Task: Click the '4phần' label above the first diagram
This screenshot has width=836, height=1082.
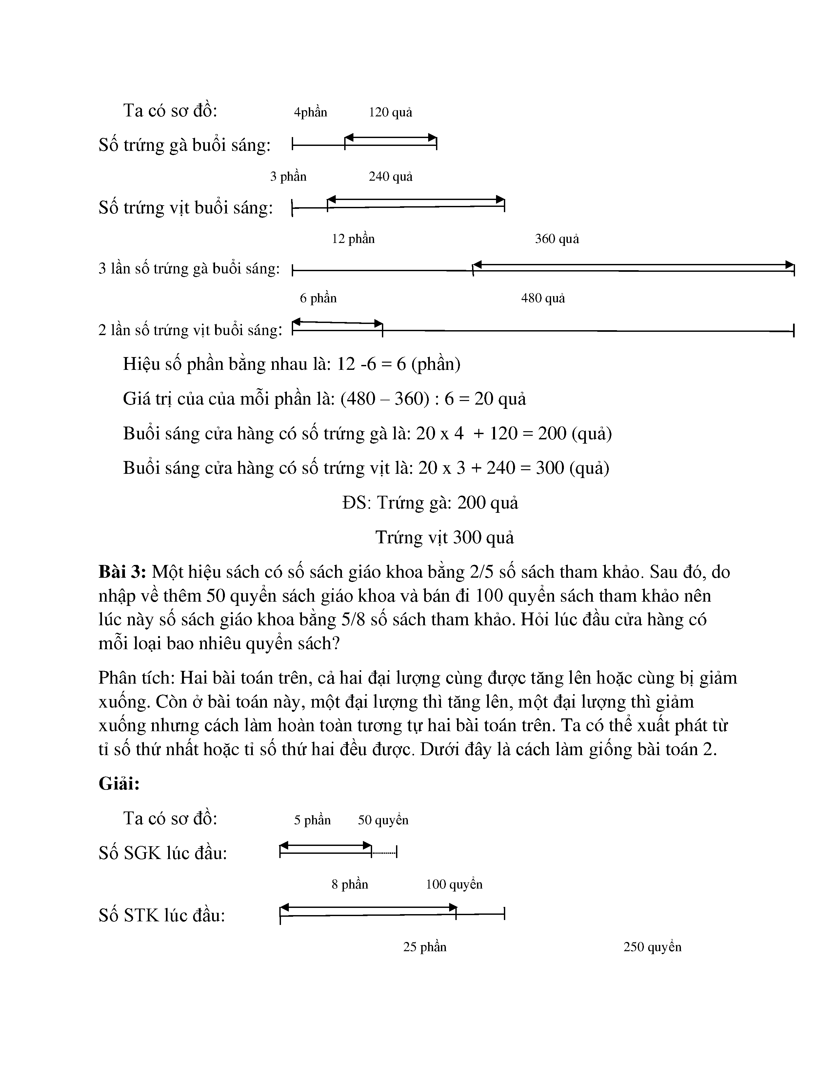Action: [310, 112]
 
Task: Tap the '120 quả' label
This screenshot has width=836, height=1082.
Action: [390, 112]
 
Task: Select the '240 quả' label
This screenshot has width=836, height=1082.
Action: [390, 176]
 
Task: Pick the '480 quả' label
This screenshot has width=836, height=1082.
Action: [543, 298]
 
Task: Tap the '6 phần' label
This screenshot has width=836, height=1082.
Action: [318, 298]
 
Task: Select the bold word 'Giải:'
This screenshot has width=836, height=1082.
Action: [119, 783]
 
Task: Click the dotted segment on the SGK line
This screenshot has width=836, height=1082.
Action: [384, 852]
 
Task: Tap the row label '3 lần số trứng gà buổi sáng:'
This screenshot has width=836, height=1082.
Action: [189, 269]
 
